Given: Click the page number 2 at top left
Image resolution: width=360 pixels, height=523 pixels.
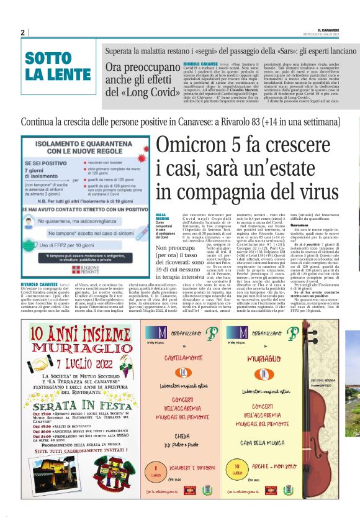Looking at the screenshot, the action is [22, 33].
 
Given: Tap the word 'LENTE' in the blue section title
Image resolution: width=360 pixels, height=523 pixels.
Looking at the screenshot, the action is [48, 74].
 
